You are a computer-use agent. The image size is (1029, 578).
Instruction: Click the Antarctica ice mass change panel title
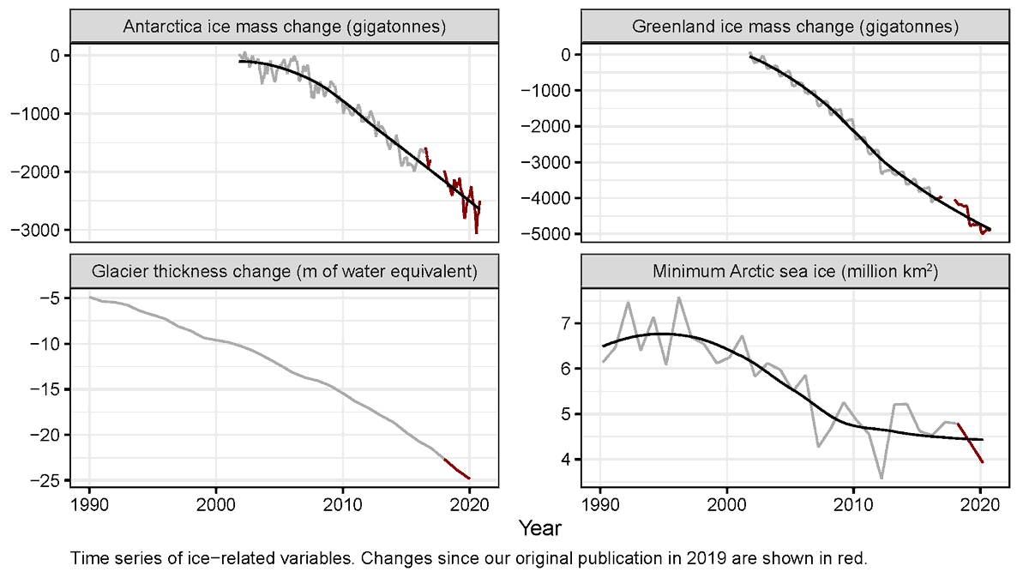click(284, 27)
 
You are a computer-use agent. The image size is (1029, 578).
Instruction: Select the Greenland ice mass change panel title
click(794, 27)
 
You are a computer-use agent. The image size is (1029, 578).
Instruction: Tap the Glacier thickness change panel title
click(284, 272)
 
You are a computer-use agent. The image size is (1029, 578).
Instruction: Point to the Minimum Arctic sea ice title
click(794, 272)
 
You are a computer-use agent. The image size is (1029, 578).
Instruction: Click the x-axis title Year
click(539, 527)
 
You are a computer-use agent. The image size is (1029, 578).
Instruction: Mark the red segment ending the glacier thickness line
click(457, 469)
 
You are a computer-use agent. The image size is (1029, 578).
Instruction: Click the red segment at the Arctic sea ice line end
click(971, 443)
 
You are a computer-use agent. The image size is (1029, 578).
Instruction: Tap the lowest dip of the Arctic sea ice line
click(881, 478)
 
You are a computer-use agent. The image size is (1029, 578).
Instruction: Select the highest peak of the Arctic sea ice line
click(679, 298)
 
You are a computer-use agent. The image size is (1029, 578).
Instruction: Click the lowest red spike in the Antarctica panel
click(476, 232)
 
